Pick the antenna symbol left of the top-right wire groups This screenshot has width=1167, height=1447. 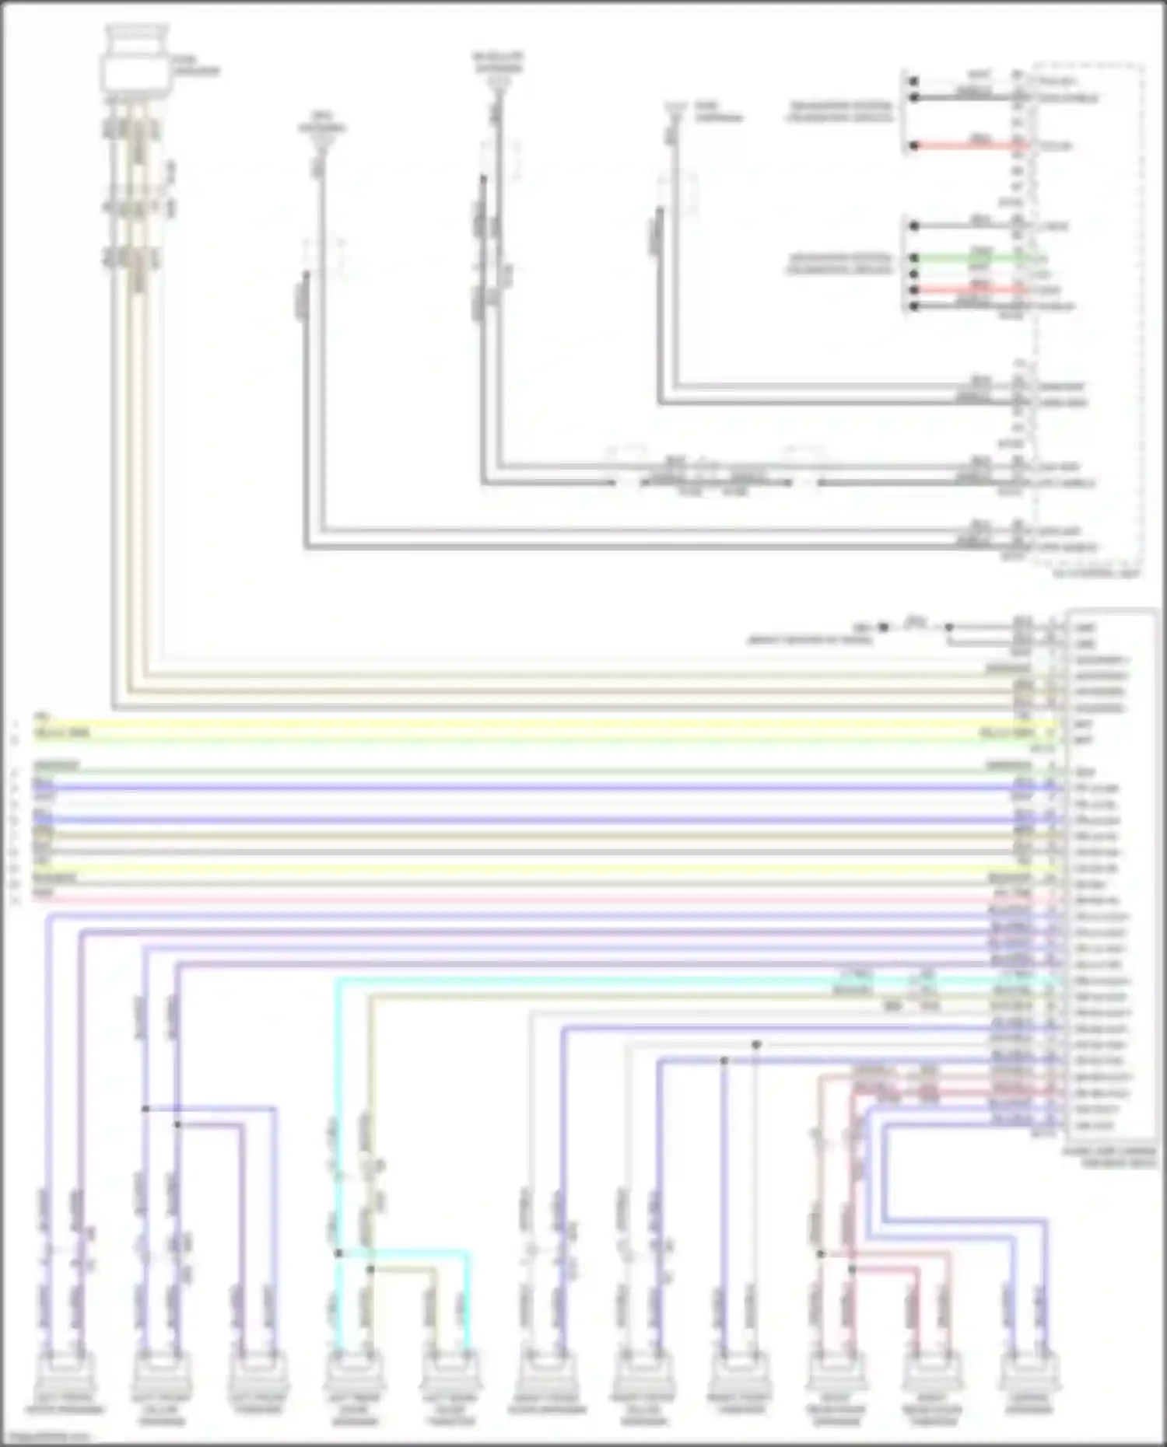coord(674,117)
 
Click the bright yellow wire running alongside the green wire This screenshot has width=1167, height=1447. coord(545,724)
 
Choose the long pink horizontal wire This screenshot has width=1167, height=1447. coord(545,900)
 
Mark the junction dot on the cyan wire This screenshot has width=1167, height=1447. coord(338,1253)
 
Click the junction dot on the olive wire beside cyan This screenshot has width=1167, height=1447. coord(370,1269)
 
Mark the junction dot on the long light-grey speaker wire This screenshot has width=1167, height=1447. coord(756,1044)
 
